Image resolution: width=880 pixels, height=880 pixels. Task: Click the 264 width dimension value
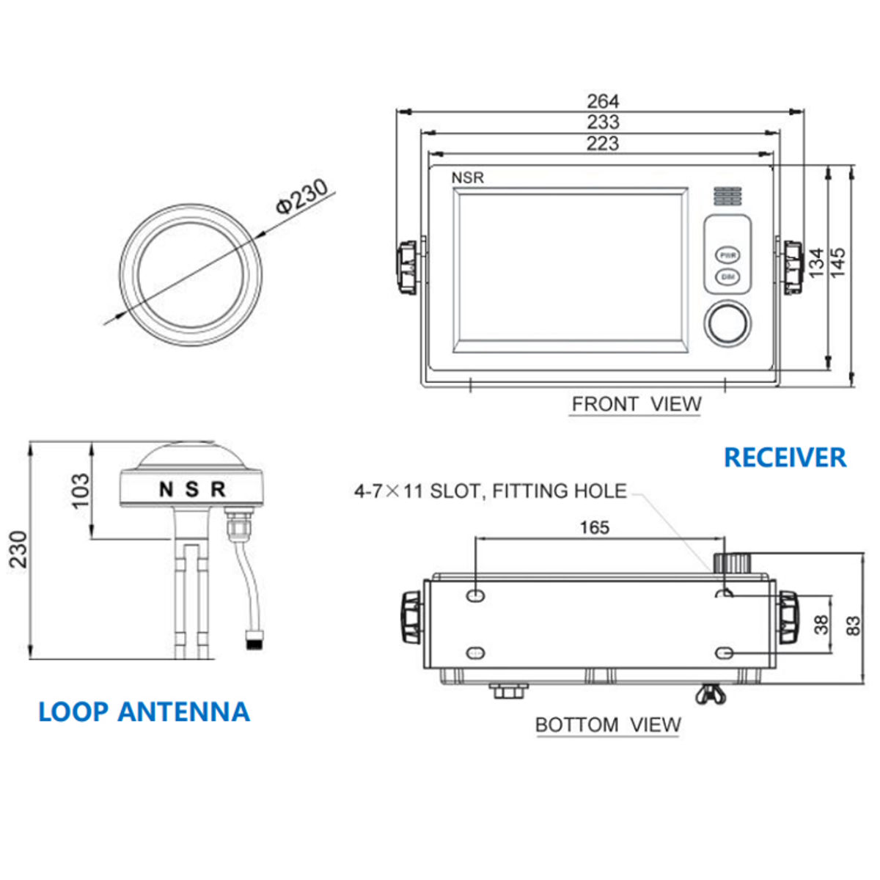click(x=603, y=100)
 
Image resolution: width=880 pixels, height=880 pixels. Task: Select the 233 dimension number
click(x=603, y=122)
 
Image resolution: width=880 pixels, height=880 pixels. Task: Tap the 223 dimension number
click(x=603, y=143)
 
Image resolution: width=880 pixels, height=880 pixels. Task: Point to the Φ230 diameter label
click(x=301, y=196)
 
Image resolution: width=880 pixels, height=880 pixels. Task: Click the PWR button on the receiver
click(x=727, y=255)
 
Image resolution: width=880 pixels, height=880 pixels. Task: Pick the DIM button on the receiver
click(x=727, y=277)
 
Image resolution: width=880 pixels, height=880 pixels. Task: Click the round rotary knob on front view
click(x=727, y=323)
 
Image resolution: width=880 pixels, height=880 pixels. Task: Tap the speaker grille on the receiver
click(x=727, y=196)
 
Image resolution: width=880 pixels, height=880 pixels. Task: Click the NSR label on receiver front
click(x=467, y=177)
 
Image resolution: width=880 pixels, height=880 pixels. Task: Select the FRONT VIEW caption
click(x=636, y=404)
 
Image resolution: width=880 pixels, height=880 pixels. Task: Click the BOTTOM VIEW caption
click(x=608, y=725)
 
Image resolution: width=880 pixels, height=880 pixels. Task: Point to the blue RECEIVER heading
click(x=785, y=458)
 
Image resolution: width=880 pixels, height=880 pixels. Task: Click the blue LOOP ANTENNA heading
click(x=144, y=712)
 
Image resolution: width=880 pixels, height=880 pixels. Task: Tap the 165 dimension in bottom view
click(x=594, y=527)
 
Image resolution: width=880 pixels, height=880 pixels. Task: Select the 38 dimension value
click(x=822, y=624)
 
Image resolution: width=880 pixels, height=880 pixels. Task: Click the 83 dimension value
click(x=853, y=626)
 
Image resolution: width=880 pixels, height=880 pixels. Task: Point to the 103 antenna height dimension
click(x=81, y=490)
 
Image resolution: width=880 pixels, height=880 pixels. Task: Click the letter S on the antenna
click(x=191, y=489)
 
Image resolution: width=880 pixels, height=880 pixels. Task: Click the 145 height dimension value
click(x=837, y=262)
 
